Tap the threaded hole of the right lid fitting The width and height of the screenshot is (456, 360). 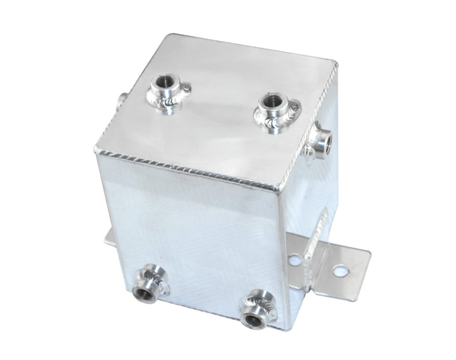(x=272, y=101)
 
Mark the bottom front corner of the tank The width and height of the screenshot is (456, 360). (x=289, y=329)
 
